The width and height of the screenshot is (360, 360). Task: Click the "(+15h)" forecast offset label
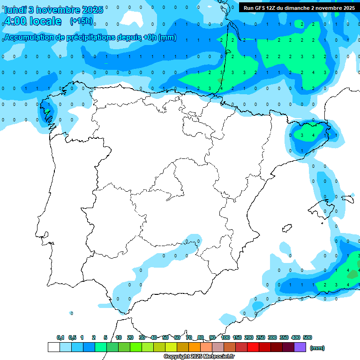point(81,21)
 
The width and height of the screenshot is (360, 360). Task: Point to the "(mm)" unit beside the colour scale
point(317,348)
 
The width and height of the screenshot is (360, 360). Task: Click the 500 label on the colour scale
point(307,337)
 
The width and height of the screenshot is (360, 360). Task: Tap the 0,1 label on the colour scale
point(60,337)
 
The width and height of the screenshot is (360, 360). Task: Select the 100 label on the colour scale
point(225,337)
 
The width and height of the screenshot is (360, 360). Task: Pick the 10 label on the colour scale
point(119,337)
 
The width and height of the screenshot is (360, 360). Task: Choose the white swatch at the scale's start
point(53,347)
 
